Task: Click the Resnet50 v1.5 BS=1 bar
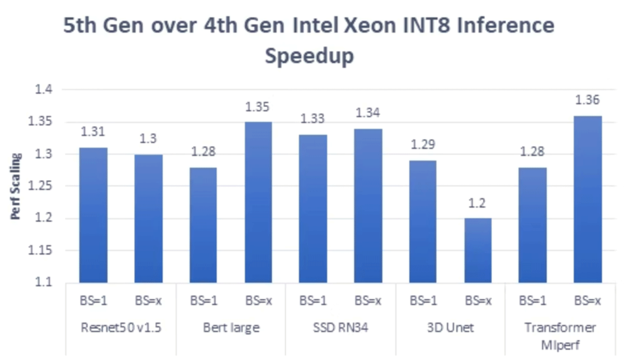tap(93, 215)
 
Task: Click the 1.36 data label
tap(587, 101)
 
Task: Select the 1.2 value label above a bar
tap(477, 203)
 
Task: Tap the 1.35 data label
tap(258, 107)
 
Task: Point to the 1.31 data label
tap(93, 132)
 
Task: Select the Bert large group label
tap(230, 328)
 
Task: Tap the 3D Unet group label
tap(450, 328)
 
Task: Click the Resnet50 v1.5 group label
tap(120, 328)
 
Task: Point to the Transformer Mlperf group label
tap(560, 334)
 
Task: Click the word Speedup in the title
tap(309, 56)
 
